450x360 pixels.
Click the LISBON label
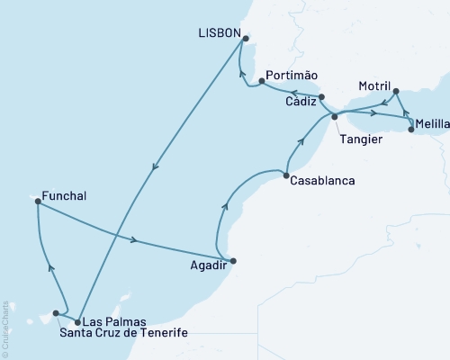[x=220, y=32]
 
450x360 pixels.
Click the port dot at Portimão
[x=261, y=81]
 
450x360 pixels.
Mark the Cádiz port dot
[x=322, y=98]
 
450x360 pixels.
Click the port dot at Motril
[x=396, y=91]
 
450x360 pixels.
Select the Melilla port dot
[x=411, y=130]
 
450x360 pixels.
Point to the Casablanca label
[x=322, y=180]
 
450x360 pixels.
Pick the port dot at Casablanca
[x=285, y=174]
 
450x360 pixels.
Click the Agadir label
[x=205, y=267]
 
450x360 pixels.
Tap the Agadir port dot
[x=233, y=261]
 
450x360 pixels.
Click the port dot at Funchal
[x=38, y=202]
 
